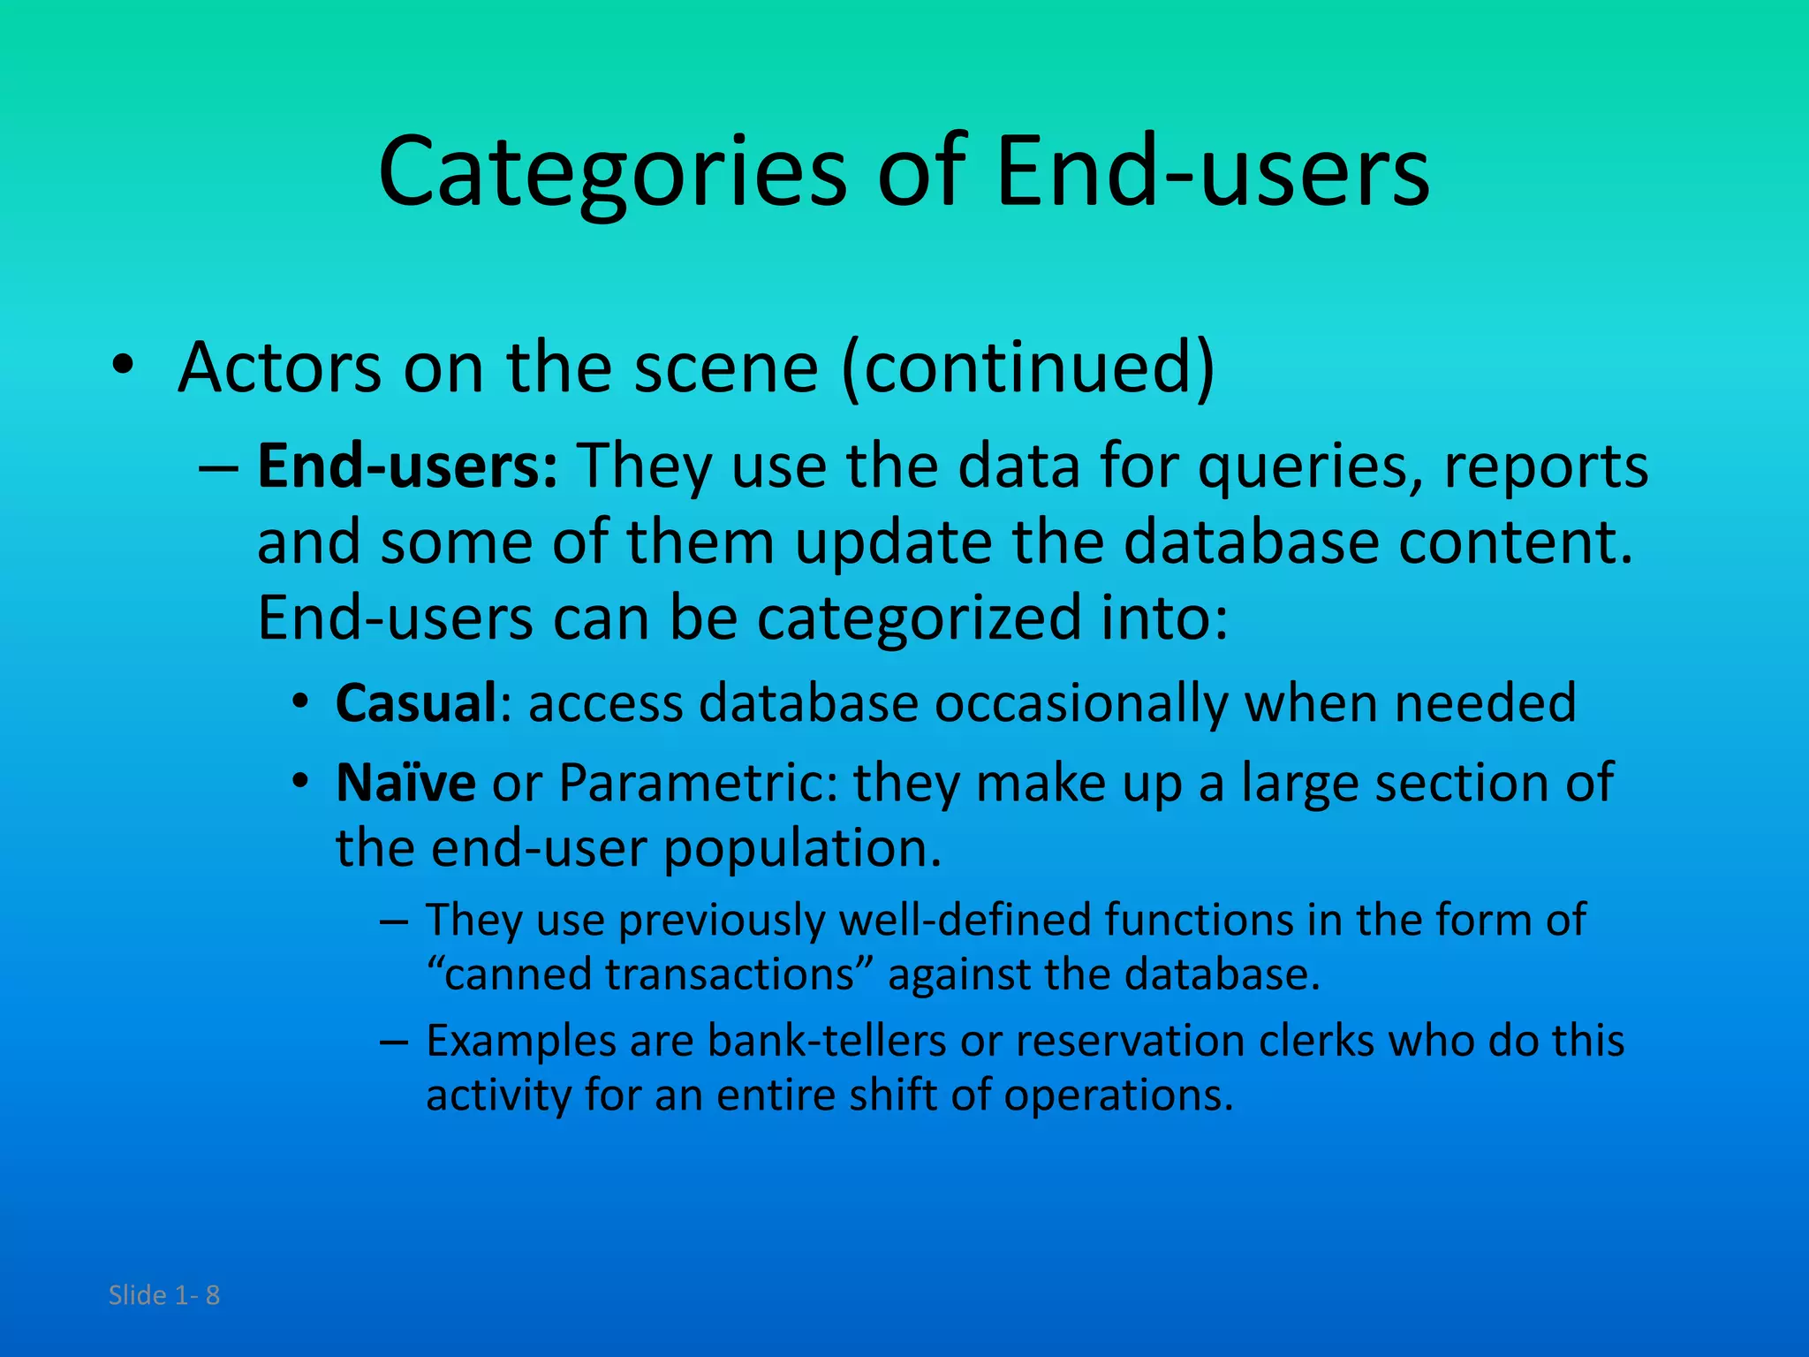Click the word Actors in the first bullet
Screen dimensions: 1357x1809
[279, 368]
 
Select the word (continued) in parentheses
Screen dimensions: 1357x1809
[1027, 368]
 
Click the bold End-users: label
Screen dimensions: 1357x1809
[407, 466]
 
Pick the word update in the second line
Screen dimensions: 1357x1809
[893, 542]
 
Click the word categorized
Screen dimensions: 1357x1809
[919, 618]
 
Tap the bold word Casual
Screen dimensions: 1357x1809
[416, 703]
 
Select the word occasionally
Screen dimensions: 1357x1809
[1080, 703]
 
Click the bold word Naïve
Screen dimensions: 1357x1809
[405, 783]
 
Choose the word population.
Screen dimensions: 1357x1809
[802, 848]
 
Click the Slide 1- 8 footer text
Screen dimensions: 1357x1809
[163, 1295]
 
